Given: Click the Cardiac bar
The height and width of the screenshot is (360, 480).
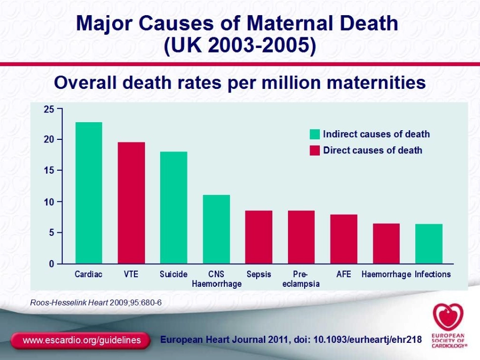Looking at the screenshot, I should [x=89, y=193].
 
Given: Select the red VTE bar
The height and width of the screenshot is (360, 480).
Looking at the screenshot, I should [x=131, y=203].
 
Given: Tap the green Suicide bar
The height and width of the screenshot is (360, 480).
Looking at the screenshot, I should [x=174, y=208].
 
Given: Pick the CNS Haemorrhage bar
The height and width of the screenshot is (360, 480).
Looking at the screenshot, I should [x=216, y=229].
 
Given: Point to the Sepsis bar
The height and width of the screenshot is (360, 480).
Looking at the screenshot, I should [x=259, y=237].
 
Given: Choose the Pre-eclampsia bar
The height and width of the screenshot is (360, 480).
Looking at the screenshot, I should [x=301, y=237].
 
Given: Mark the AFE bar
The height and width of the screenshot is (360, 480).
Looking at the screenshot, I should [x=344, y=239].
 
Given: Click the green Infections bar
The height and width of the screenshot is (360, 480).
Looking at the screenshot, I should [x=428, y=243].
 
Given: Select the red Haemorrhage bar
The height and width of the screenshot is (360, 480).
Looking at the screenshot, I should [x=386, y=243].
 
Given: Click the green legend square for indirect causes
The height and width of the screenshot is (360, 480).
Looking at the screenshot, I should [x=315, y=134].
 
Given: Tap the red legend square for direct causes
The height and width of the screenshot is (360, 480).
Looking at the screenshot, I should [x=315, y=150].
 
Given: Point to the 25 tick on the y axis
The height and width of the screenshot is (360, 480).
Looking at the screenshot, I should [x=49, y=109].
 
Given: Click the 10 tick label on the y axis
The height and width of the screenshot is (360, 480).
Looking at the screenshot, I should [x=49, y=201].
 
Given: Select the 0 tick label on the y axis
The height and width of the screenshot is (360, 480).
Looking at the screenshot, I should [x=51, y=264].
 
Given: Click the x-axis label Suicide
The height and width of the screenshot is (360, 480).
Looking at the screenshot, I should [x=173, y=275].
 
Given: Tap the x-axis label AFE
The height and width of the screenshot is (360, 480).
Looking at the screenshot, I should [x=344, y=275].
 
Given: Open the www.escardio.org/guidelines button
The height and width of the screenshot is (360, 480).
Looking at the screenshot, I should [x=81, y=340].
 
